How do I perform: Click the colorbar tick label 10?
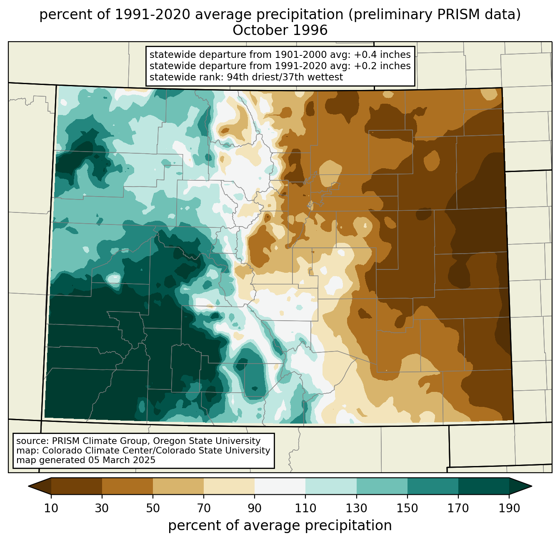coord(51,509)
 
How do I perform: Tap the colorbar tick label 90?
coord(255,509)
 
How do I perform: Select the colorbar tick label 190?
coord(509,509)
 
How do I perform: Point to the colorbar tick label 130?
coord(356,509)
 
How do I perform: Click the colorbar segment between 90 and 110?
coord(280,486)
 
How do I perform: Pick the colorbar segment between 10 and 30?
coord(77,486)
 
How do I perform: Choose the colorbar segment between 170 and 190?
coord(483,486)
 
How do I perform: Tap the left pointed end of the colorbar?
coord(29,486)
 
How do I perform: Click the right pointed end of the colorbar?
coord(531,486)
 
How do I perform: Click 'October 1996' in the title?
coord(280,30)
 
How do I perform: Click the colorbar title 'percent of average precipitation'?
coord(280,525)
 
